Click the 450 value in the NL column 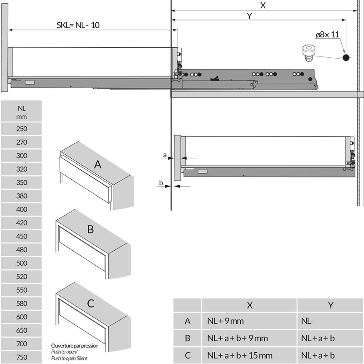point(21,236)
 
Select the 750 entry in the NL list point(21,357)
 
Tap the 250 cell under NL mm point(21,129)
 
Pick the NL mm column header point(21,112)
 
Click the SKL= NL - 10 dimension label point(78,25)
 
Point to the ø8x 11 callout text point(327,35)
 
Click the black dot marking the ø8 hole point(346,57)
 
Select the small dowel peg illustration point(308,53)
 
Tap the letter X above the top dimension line point(263,5)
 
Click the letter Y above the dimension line point(249,16)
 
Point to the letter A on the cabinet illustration point(98,165)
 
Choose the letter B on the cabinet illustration point(91,229)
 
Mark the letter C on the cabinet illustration point(91,303)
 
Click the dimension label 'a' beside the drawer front point(165,155)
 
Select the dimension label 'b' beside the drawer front point(161,183)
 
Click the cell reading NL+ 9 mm point(225,321)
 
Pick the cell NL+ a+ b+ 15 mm point(240,355)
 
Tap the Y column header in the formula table point(331,305)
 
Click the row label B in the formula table point(187,338)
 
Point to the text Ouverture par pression point(75,346)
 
